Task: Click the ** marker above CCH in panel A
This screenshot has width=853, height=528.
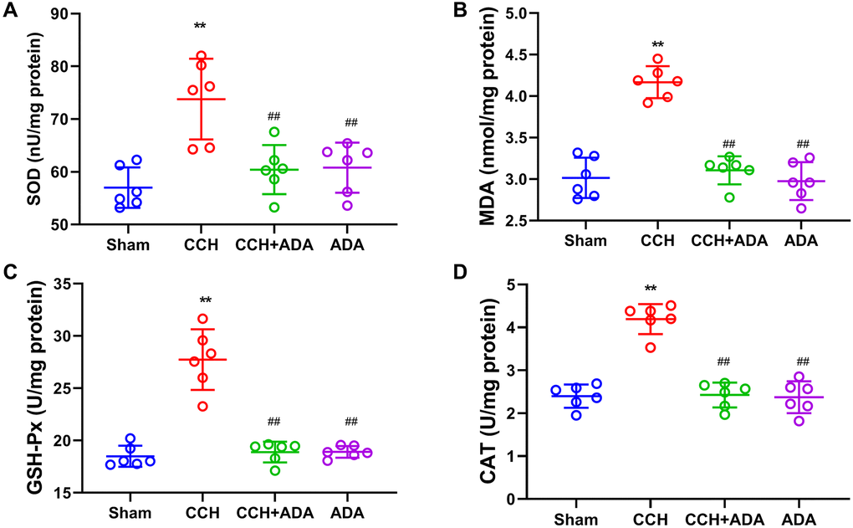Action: pos(200,27)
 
